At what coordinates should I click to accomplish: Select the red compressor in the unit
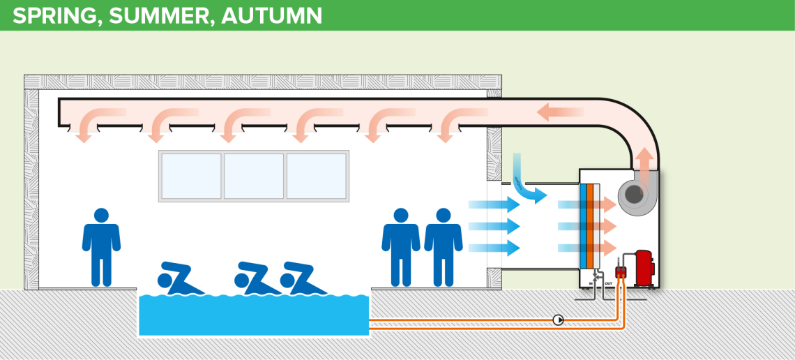pyautogui.click(x=644, y=268)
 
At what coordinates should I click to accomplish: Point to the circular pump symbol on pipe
pyautogui.click(x=558, y=320)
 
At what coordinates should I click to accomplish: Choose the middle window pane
pyautogui.click(x=254, y=176)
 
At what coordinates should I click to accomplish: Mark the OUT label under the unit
pyautogui.click(x=608, y=284)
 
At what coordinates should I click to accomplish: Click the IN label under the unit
pyautogui.click(x=592, y=284)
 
